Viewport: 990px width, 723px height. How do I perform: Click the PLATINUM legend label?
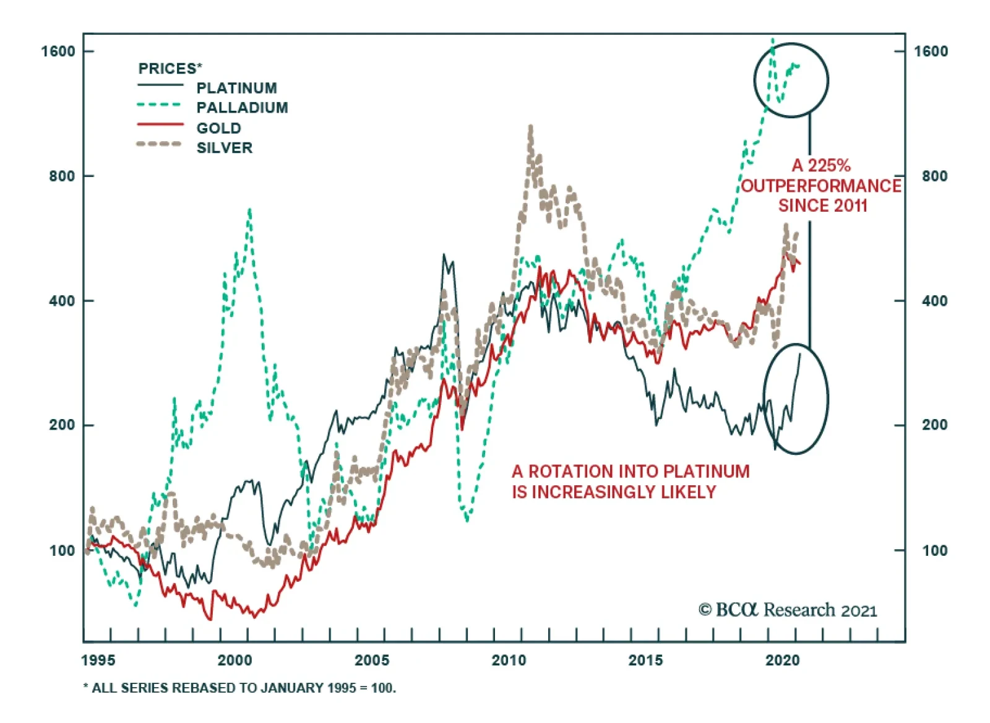click(236, 88)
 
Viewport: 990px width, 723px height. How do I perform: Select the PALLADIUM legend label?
click(242, 108)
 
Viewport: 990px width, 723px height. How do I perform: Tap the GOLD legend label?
click(218, 128)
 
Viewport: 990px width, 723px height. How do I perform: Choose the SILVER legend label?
click(225, 148)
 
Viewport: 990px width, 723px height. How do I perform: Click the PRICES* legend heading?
click(170, 68)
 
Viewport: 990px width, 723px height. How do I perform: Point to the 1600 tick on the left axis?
click(58, 51)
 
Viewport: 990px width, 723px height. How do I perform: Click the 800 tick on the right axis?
click(934, 176)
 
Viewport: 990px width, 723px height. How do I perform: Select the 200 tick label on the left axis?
click(62, 425)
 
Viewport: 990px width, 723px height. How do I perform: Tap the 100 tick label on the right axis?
click(934, 550)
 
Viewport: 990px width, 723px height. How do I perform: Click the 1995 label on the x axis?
click(98, 660)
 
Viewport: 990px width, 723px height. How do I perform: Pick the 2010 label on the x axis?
click(509, 660)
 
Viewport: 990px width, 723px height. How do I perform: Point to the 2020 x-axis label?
click(782, 660)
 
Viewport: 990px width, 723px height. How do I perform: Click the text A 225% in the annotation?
click(821, 165)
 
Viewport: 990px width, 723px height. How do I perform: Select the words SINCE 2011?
click(822, 206)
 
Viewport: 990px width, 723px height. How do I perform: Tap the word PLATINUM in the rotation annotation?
click(706, 472)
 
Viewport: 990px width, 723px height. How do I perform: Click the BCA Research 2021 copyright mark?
click(788, 610)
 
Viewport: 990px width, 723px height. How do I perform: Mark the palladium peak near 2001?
click(249, 210)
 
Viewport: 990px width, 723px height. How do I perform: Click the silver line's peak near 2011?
click(531, 128)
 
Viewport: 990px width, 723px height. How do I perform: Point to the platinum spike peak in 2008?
click(444, 255)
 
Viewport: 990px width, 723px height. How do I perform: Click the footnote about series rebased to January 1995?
click(239, 688)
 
